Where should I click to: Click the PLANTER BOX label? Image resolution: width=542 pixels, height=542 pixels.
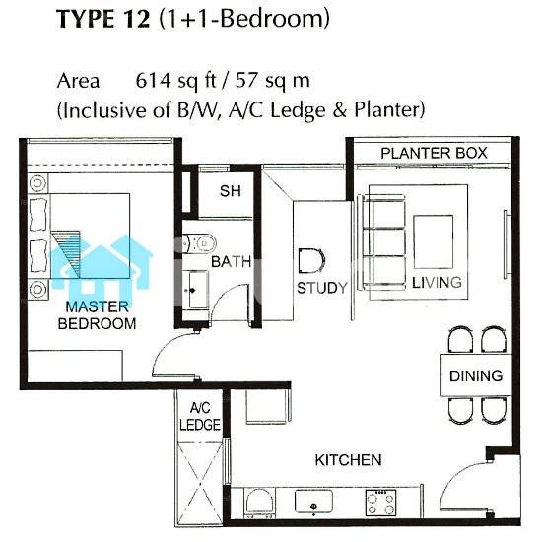tap(434, 153)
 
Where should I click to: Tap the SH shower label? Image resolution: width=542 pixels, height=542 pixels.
tap(231, 191)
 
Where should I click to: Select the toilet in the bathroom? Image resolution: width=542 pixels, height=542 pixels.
tap(199, 243)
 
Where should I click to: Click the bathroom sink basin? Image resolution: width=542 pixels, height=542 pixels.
tap(195, 290)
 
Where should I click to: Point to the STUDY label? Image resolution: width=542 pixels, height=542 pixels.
tap(322, 288)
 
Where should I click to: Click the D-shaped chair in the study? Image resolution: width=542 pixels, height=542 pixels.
tap(311, 260)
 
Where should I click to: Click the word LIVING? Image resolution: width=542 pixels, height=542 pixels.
tap(437, 283)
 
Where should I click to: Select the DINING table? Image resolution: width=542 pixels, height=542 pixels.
tap(476, 375)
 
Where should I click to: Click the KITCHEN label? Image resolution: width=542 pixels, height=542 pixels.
tap(349, 460)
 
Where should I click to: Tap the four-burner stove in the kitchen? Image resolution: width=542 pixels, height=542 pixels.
tap(380, 503)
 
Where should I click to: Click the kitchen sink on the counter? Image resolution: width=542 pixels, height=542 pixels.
tap(313, 502)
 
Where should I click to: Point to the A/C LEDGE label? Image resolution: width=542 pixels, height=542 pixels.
tap(200, 417)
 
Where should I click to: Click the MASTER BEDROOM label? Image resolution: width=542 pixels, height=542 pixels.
tap(98, 315)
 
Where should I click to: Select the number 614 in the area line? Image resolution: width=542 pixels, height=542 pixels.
tap(153, 81)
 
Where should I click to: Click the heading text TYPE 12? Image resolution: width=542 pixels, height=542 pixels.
tap(103, 19)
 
